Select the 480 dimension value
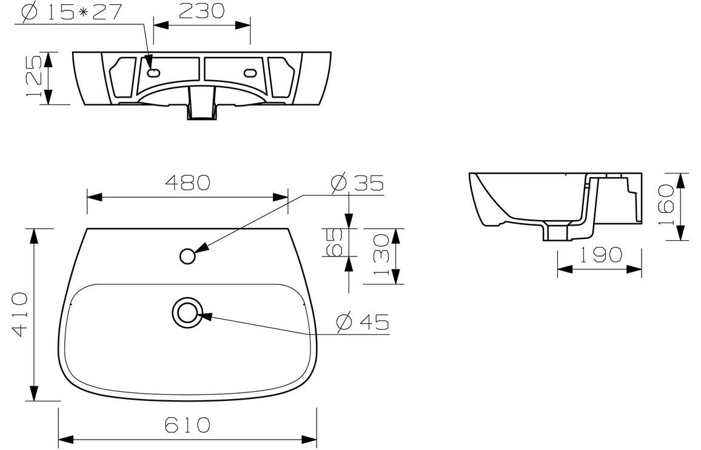coord(187,181)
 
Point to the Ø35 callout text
coord(358,183)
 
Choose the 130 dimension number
coord(381,256)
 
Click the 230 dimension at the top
coord(202,10)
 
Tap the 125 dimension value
coord(34,78)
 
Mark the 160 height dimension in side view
coord(665,206)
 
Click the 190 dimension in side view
coord(599,255)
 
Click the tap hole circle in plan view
coord(187,257)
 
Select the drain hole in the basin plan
coord(186,312)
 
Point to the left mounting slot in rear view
coord(153,73)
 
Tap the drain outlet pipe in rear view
coord(202,103)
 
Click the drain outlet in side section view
coord(556,232)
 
